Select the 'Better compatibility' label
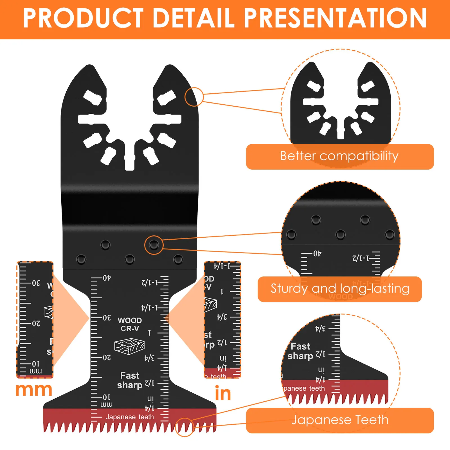[x=339, y=156]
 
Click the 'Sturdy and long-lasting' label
[x=340, y=289]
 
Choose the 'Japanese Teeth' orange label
[x=340, y=420]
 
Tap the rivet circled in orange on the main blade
[x=154, y=245]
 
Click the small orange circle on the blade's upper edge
[x=194, y=97]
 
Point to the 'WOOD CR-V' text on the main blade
[x=130, y=324]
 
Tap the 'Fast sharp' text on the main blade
[x=130, y=380]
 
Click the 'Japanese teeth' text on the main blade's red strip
[x=130, y=417]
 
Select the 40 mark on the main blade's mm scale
[x=107, y=278]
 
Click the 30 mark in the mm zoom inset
[x=36, y=283]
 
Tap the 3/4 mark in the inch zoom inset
[x=222, y=317]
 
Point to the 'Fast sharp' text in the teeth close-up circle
[x=300, y=351]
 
